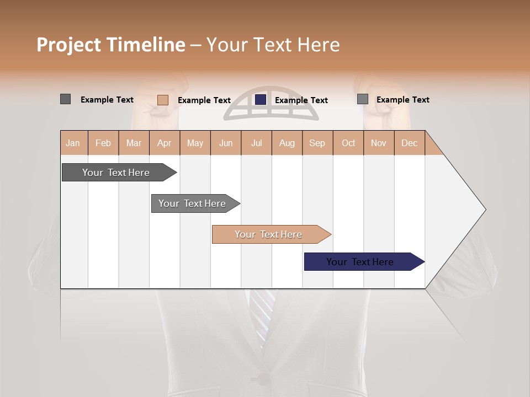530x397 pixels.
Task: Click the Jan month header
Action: (x=73, y=143)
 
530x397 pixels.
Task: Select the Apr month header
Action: (x=164, y=143)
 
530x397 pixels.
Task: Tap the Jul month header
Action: (x=256, y=143)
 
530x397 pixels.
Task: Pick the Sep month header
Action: (x=317, y=143)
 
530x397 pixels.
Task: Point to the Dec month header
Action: (x=409, y=143)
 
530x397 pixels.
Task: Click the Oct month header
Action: (x=348, y=143)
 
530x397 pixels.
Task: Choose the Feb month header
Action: (x=103, y=143)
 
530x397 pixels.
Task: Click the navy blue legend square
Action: (x=261, y=99)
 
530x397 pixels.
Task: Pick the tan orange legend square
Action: (x=162, y=100)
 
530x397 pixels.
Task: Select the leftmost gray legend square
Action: (x=65, y=99)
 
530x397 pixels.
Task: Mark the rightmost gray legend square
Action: (x=362, y=99)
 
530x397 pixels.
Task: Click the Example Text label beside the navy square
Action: (x=301, y=100)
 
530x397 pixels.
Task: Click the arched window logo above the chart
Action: (x=271, y=104)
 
